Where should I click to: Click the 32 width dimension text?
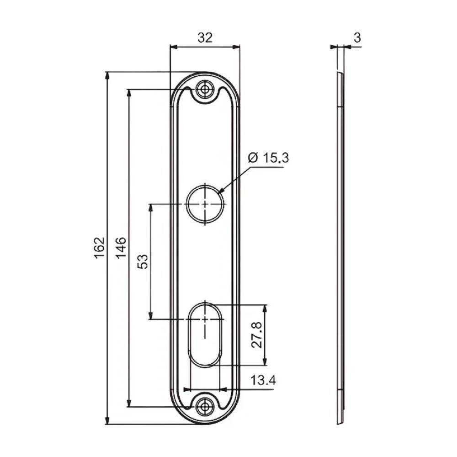click(x=205, y=38)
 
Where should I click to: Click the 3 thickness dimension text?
click(x=357, y=38)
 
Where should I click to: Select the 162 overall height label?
click(x=100, y=248)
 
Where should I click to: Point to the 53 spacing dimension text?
click(x=143, y=261)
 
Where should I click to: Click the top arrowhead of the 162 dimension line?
click(x=108, y=76)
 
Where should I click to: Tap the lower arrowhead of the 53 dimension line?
click(x=151, y=315)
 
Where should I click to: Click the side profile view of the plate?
click(x=340, y=247)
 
